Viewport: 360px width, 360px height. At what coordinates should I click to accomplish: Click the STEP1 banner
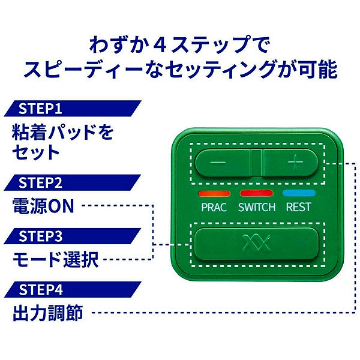[x=73, y=109]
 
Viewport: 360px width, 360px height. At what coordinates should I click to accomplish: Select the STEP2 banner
[x=73, y=182]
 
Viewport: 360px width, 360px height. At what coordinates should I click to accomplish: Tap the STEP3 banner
[x=73, y=236]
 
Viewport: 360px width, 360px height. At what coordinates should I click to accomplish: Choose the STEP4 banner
[x=73, y=290]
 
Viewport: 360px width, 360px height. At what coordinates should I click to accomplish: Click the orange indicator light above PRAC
[x=214, y=194]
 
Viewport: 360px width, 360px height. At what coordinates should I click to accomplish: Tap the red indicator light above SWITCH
[x=257, y=193]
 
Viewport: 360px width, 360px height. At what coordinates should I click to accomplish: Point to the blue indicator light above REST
[x=299, y=193]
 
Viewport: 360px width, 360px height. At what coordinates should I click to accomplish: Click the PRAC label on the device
[x=214, y=207]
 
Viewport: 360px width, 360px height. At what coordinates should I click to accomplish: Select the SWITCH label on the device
[x=257, y=207]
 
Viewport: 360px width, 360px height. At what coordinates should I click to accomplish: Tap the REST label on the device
[x=298, y=207]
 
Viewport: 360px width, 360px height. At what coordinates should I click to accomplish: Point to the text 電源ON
[x=43, y=206]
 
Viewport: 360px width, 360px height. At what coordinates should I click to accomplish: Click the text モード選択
[x=56, y=259]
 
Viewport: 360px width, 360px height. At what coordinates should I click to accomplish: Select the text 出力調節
[x=48, y=313]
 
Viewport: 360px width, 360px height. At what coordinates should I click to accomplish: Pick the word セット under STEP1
[x=36, y=152]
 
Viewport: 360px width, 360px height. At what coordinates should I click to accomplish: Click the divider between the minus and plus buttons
[x=257, y=163]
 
